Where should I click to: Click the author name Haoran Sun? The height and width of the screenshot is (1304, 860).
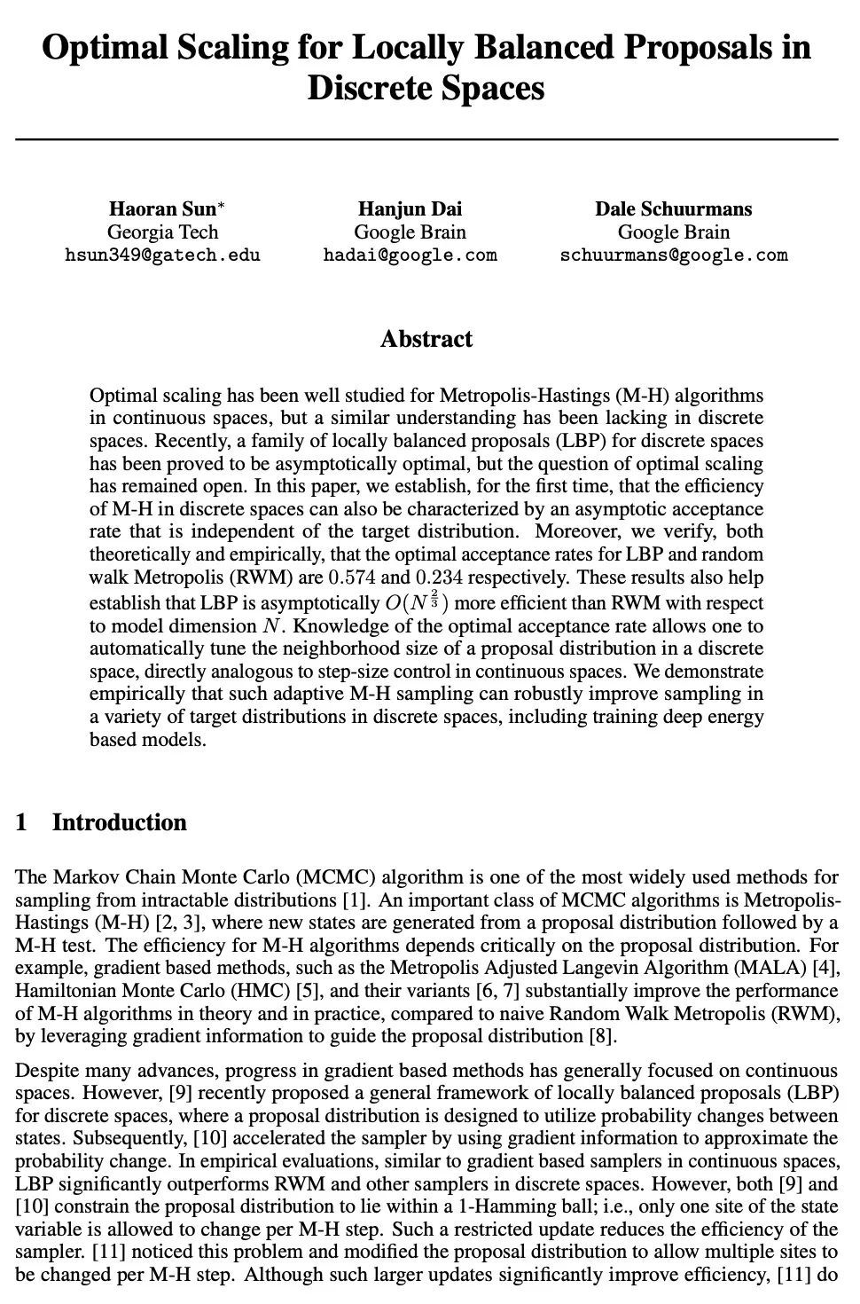162,209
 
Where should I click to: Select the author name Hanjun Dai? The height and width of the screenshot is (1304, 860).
410,209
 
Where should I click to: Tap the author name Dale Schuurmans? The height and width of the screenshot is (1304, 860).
673,209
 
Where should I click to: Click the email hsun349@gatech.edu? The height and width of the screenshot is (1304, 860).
162,255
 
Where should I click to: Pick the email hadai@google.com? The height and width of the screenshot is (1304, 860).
410,255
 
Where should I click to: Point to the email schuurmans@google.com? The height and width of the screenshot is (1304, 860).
673,255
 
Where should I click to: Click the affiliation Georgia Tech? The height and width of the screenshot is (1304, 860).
162,232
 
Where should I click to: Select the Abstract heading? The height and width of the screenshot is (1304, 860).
426,339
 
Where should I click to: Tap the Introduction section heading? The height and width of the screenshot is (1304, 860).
119,822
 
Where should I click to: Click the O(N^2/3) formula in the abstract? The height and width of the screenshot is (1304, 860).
416,602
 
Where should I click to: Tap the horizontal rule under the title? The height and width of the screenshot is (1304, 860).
426,140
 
